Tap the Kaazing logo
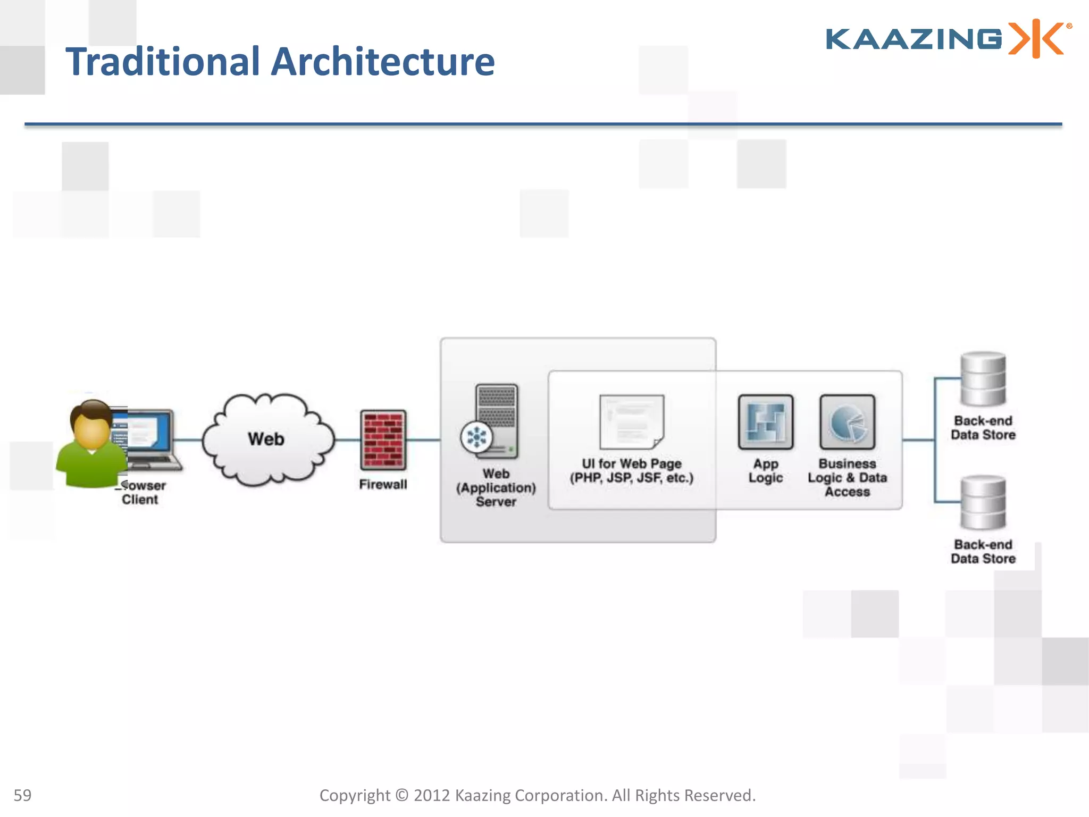point(948,39)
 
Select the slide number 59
point(22,795)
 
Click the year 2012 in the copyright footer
point(431,795)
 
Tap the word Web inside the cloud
point(266,439)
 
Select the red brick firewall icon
point(383,440)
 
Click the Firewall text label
point(383,485)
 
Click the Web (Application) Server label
point(496,488)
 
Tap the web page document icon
point(632,422)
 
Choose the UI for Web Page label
point(632,471)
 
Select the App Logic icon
point(765,422)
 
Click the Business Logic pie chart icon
point(847,422)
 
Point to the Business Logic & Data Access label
point(847,478)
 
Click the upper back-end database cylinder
point(983,379)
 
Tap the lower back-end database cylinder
point(983,503)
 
